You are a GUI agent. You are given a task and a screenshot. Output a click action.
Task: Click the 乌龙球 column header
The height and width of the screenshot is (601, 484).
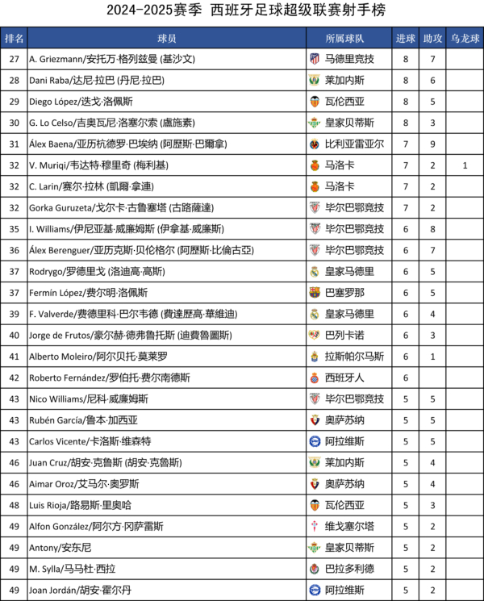(465, 39)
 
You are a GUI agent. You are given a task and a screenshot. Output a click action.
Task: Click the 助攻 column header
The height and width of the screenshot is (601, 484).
(432, 39)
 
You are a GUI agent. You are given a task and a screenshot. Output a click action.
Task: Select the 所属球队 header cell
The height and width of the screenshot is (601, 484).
(344, 39)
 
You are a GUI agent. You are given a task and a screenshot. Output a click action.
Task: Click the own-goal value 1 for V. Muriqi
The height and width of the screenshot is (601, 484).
(465, 165)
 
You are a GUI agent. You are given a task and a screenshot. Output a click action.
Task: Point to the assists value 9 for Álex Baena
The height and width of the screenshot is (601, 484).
(432, 144)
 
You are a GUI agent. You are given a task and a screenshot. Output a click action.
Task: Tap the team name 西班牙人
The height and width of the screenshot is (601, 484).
(344, 378)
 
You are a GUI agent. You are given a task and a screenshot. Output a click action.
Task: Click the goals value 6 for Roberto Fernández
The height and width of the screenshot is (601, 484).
(406, 378)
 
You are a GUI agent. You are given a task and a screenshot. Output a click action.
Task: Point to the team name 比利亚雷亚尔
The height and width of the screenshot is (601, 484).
(354, 144)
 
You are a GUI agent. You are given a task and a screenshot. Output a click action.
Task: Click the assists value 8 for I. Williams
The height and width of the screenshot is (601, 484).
(432, 229)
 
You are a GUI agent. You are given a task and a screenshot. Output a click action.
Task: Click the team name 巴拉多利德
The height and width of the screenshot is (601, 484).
(349, 569)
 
